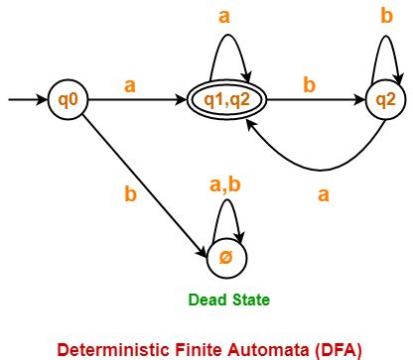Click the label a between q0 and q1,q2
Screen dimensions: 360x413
[129, 86]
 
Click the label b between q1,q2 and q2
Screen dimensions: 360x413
[309, 86]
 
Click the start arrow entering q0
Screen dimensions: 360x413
[25, 99]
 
